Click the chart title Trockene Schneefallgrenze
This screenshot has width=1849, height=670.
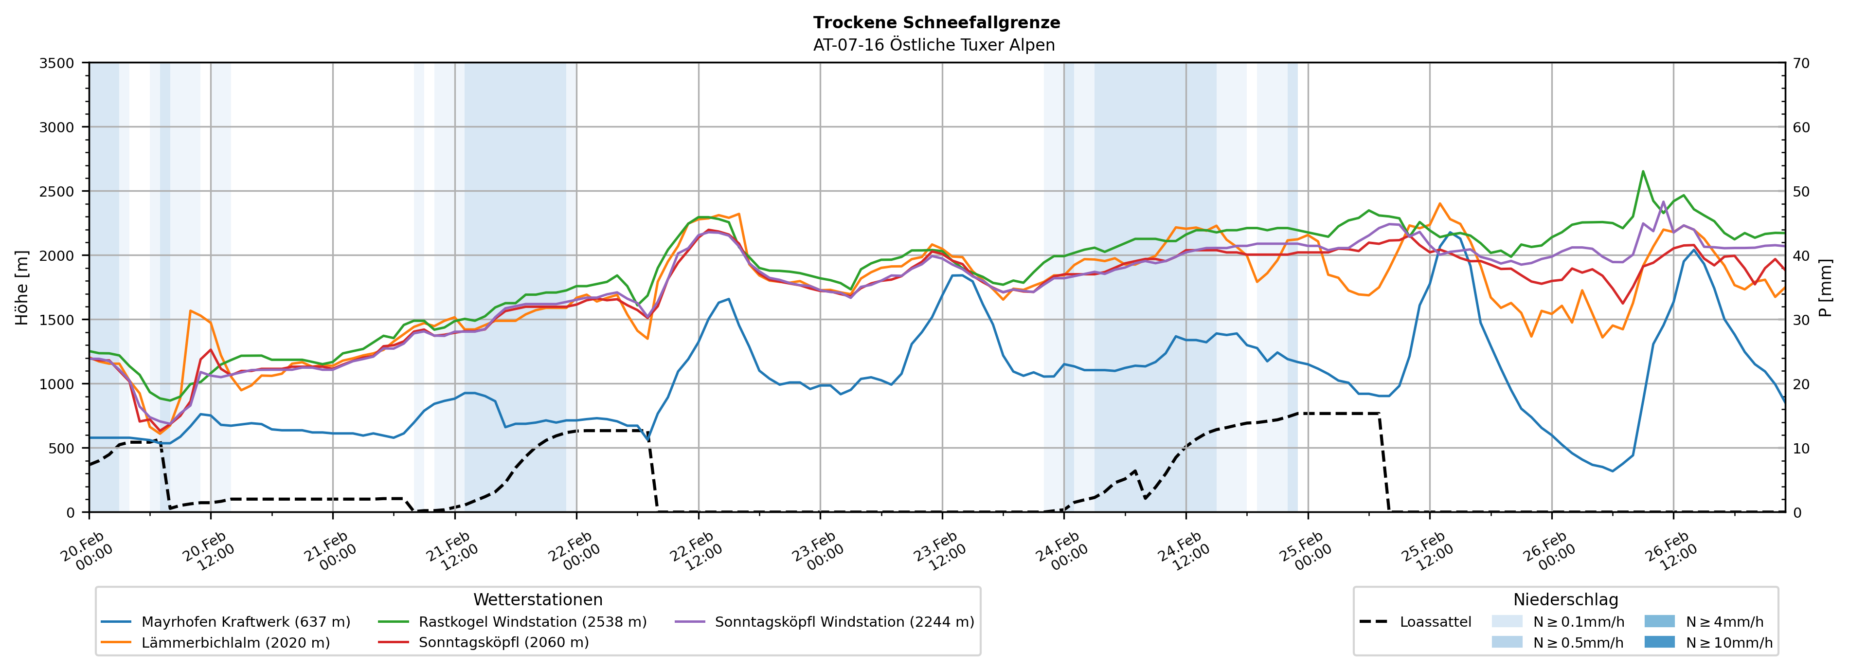(936, 22)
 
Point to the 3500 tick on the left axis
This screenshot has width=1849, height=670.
(57, 63)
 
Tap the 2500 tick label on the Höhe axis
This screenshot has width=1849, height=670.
(57, 192)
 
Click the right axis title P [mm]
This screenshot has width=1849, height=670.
(1825, 287)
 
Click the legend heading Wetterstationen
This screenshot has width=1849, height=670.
(538, 599)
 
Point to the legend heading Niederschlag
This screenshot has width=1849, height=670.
(1565, 599)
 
